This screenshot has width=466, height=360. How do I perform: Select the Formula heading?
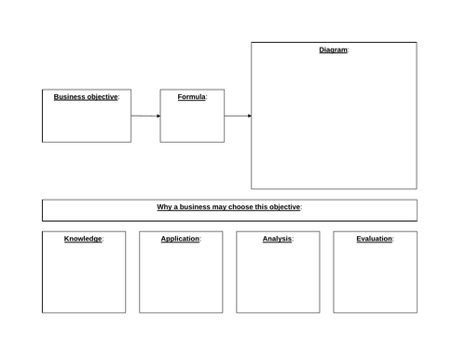pos(191,97)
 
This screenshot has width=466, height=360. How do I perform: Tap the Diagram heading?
pos(333,50)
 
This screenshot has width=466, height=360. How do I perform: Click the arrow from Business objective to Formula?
pos(145,117)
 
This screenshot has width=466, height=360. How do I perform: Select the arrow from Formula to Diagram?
pos(238,117)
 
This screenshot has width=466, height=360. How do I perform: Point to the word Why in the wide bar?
pos(164,207)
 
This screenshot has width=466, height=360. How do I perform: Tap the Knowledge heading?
pos(83,239)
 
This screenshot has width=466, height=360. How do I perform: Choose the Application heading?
pos(180,239)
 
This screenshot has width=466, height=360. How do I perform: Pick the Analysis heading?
pos(277,239)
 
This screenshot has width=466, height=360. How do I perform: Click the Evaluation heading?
pos(374,239)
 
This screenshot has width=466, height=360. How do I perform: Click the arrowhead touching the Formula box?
pos(158,117)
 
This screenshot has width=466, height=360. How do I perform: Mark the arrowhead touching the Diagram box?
pos(248,117)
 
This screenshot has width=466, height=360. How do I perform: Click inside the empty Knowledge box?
pos(83,280)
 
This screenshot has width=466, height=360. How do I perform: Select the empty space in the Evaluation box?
pos(375,280)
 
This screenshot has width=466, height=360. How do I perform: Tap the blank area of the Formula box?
pos(192,123)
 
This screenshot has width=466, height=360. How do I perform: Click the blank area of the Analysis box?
pos(278,280)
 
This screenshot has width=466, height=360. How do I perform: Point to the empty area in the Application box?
pos(181,280)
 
